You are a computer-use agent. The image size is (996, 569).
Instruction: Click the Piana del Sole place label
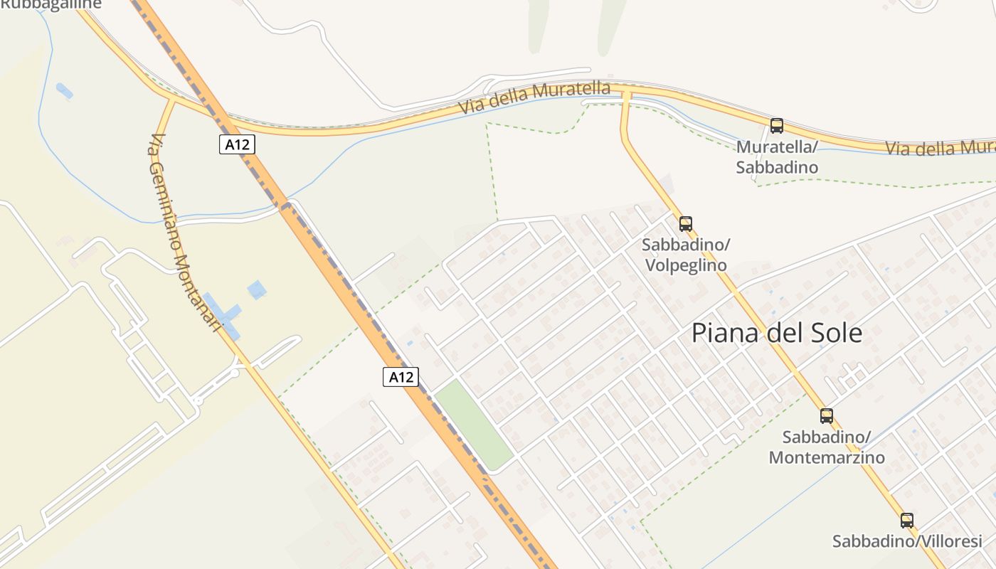coord(777,333)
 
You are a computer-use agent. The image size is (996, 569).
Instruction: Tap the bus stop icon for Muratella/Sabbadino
coord(777,126)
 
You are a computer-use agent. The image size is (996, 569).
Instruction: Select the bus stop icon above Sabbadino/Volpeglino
coord(686,224)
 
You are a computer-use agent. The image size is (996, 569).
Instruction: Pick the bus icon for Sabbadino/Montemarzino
coord(827,416)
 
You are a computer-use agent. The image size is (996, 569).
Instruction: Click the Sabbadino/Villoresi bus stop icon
coord(907,521)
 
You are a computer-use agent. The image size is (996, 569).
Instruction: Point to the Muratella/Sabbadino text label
coord(777,157)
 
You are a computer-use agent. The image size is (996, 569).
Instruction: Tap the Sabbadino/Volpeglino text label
coord(686,255)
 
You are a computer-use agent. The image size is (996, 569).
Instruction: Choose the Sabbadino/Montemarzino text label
coord(827,447)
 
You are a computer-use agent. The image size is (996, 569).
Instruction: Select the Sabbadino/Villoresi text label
coord(907,541)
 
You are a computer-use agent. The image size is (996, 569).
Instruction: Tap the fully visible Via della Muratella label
coord(534,98)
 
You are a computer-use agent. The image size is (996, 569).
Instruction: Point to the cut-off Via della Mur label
coord(940,147)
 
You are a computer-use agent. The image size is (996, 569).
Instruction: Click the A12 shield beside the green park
coord(401,377)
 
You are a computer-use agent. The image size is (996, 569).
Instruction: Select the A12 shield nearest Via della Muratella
coord(236,144)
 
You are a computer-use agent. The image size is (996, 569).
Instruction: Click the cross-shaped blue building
coord(224,313)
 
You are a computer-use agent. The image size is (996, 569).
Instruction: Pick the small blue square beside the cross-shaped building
coord(256,289)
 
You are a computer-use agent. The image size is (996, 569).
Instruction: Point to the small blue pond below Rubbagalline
coord(64,91)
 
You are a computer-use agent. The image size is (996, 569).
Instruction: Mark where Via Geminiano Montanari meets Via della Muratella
coord(171,101)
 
